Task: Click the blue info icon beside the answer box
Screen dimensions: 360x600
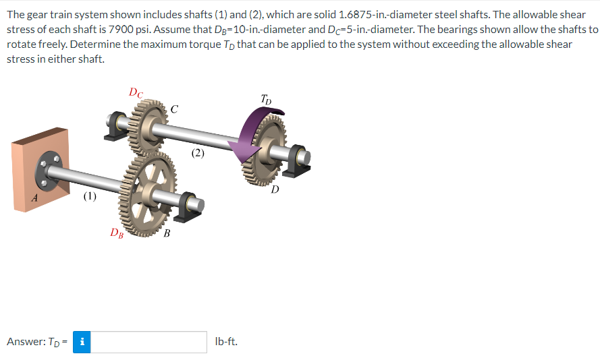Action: [x=82, y=342]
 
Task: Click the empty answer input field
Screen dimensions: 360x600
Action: [x=148, y=342]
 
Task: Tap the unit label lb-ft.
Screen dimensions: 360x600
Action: [x=225, y=342]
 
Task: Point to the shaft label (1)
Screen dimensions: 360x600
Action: [x=89, y=197]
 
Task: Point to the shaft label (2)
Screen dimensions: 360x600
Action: [x=197, y=153]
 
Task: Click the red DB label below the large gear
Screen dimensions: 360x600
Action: [x=117, y=233]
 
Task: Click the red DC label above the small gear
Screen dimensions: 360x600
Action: [x=136, y=92]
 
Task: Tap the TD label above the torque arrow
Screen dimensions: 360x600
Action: [x=267, y=100]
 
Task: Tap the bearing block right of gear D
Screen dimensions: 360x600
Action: [x=297, y=160]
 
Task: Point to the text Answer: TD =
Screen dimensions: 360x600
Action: [x=36, y=342]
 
